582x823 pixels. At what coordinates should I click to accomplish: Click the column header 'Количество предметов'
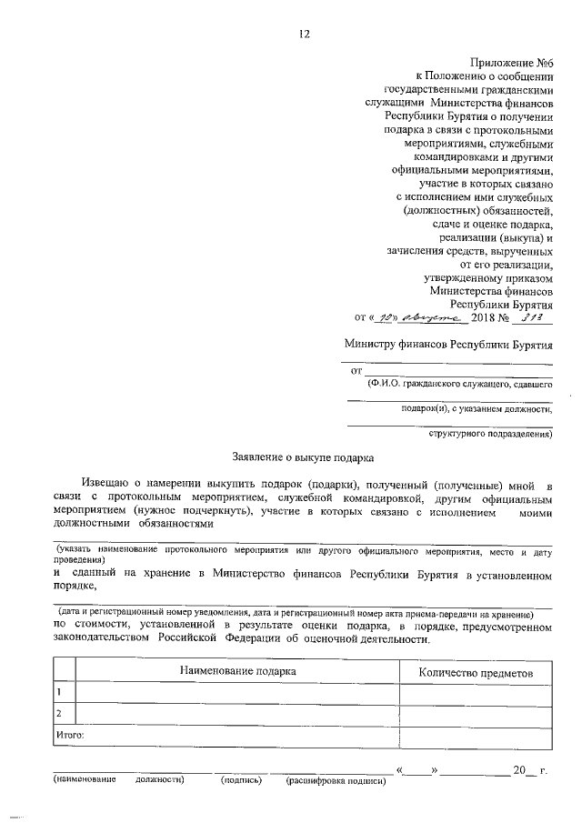click(x=476, y=672)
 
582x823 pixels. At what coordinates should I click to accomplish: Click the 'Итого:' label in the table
click(x=71, y=733)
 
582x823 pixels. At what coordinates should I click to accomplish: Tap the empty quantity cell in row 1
click(x=476, y=693)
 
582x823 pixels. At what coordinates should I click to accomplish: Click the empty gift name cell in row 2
click(x=237, y=713)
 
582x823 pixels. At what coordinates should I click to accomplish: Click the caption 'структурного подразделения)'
click(x=491, y=434)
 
